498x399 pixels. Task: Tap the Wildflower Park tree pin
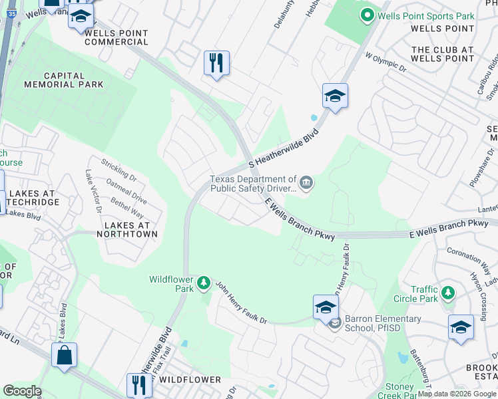tap(204, 285)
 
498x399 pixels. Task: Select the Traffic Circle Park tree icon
tap(449, 293)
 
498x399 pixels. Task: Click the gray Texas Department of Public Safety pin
tap(306, 182)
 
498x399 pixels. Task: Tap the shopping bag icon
tap(64, 355)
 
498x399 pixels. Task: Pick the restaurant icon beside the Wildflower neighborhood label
tap(139, 385)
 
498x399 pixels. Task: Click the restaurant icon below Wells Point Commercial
tap(216, 64)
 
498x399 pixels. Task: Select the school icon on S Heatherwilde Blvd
tap(336, 96)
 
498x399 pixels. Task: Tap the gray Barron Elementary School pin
tap(334, 323)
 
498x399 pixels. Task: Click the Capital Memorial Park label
tap(64, 80)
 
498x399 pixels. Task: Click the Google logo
tap(22, 391)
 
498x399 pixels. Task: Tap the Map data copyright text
tap(457, 394)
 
